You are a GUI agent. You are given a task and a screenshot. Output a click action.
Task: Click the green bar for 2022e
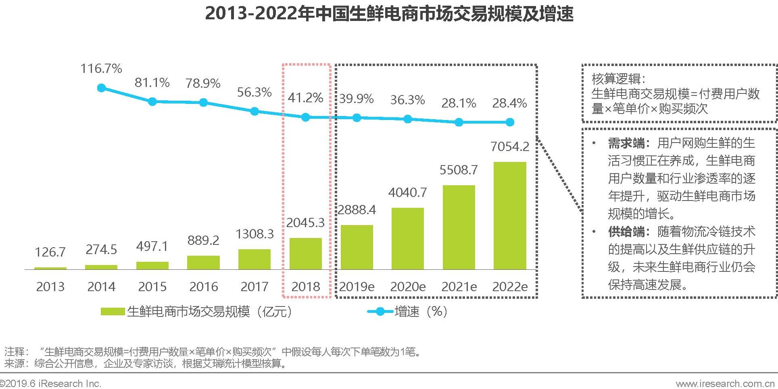[x=510, y=215]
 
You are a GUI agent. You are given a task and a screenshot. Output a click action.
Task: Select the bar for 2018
[x=306, y=254]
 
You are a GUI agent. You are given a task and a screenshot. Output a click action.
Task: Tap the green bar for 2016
[x=203, y=263]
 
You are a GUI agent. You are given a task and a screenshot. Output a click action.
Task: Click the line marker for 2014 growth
[x=102, y=88]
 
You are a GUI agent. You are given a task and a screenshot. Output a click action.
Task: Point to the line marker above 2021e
[x=459, y=122]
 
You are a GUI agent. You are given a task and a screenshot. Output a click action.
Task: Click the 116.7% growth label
[x=101, y=68]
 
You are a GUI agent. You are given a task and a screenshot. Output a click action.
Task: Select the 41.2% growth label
[x=305, y=98]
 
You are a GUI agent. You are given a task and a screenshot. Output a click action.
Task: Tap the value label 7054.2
[x=510, y=147]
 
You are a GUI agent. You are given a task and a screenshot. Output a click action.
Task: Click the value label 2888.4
[x=357, y=210]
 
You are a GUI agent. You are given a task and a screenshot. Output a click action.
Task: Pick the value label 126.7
[x=50, y=252]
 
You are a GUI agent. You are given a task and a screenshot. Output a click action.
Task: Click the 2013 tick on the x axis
[x=50, y=287]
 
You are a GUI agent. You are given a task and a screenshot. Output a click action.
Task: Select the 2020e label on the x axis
[x=408, y=287]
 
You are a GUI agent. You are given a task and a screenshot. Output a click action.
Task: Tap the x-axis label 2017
[x=254, y=287]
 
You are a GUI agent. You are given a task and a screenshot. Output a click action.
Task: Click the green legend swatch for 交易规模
[x=113, y=312]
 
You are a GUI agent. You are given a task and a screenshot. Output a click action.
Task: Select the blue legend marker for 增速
[x=380, y=312]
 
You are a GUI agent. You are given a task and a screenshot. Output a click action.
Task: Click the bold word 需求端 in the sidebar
[x=626, y=143]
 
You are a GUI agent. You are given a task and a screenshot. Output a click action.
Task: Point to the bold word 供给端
[x=626, y=232]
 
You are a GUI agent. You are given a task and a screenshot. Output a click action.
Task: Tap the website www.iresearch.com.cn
[x=726, y=384]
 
